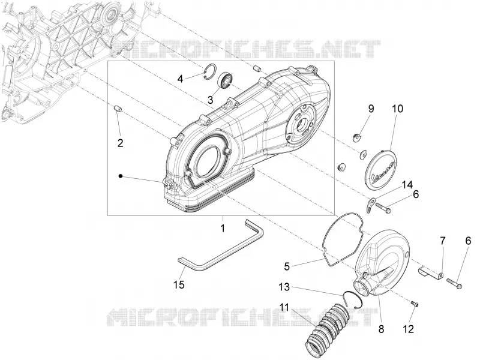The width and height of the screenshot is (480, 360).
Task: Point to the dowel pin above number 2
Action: [118, 109]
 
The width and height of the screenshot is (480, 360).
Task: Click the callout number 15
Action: [179, 284]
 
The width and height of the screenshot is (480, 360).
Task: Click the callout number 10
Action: [397, 109]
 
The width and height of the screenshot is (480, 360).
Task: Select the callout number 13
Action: [284, 287]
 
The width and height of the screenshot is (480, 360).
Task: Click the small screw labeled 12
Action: [415, 304]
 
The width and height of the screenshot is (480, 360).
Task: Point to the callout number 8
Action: [381, 329]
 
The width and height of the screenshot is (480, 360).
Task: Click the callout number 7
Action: [443, 241]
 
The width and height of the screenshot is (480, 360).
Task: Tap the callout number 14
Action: [407, 185]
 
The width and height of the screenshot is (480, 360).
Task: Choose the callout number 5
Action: [287, 266]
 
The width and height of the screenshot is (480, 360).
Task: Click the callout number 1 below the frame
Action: [223, 228]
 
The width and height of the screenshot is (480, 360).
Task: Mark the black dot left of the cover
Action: [121, 176]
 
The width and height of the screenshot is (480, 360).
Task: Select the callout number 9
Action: [371, 109]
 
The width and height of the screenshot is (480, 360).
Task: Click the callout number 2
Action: [121, 143]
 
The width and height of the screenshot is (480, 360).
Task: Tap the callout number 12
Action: [409, 329]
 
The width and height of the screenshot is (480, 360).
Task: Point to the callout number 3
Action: [211, 100]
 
